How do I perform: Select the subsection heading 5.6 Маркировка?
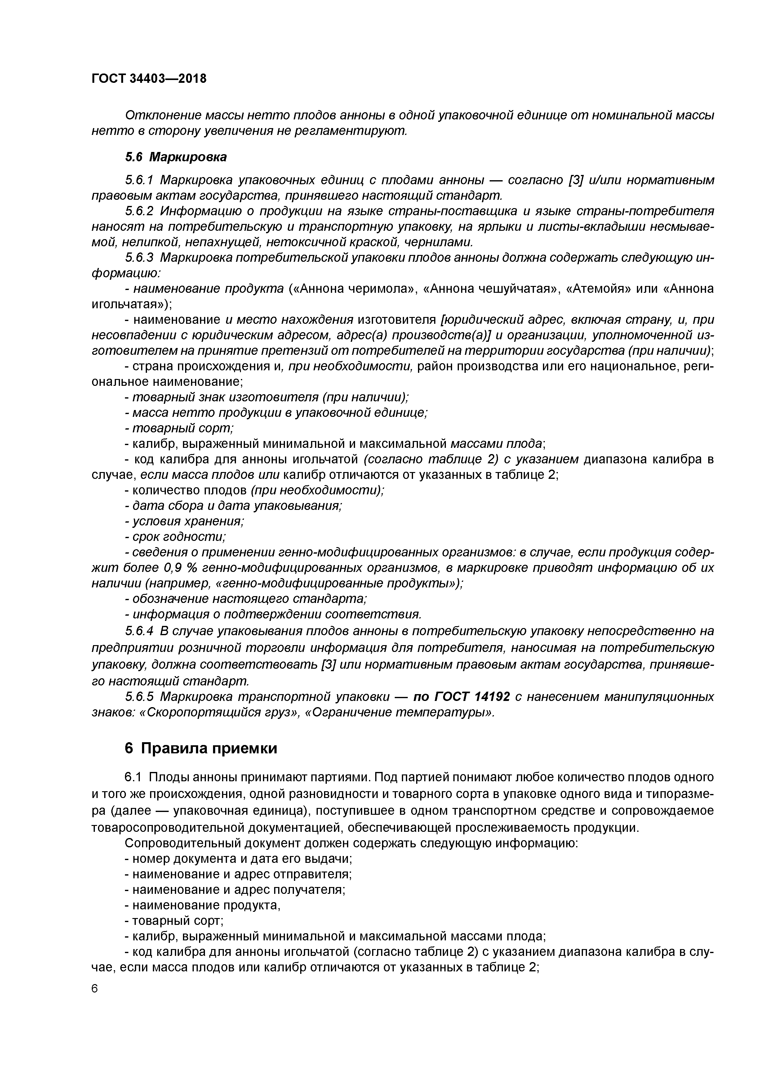coord(176,157)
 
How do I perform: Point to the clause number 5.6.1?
coord(140,181)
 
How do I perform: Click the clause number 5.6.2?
coord(140,211)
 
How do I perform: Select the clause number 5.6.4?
coord(140,631)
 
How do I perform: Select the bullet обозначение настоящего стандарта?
coord(246,600)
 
